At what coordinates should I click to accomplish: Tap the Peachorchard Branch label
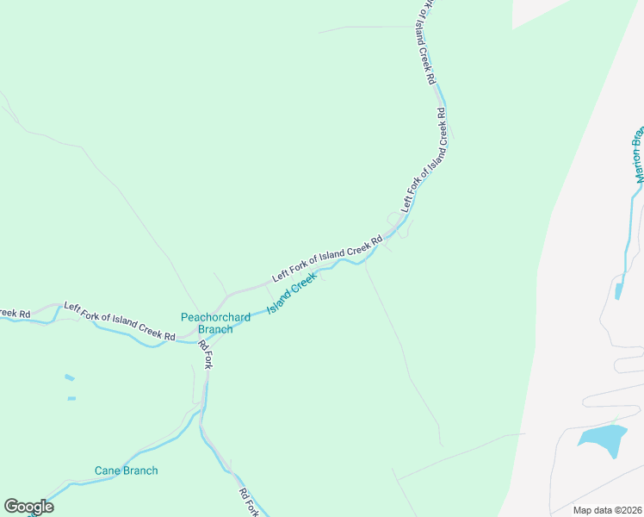(x=215, y=323)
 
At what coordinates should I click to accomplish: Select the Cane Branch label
(x=127, y=470)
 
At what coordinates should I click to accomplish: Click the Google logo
(x=28, y=507)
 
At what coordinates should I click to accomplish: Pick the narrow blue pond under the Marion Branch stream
(x=618, y=290)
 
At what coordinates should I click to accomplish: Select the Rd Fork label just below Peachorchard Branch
(x=205, y=354)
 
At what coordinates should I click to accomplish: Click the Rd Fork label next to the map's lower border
(x=250, y=503)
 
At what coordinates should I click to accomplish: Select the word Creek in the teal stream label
(x=306, y=283)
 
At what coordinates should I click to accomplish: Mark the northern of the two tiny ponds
(x=69, y=377)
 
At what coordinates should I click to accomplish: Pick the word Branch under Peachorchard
(x=215, y=329)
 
